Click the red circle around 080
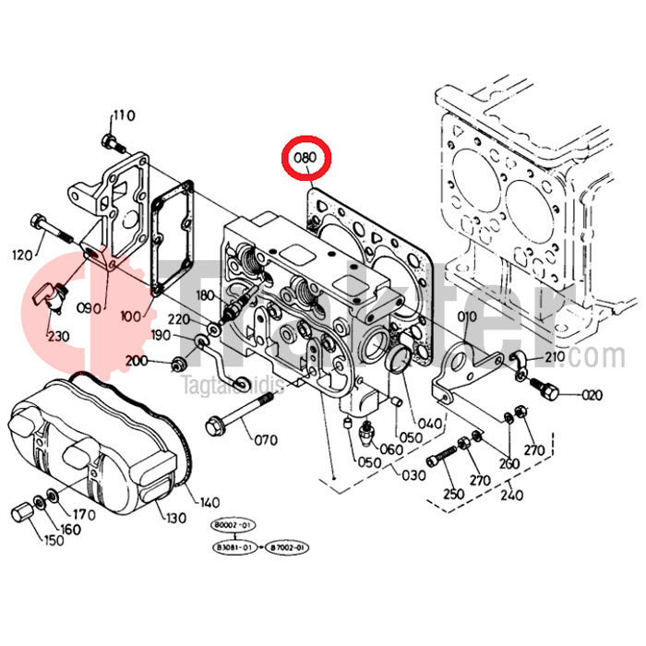[305, 158]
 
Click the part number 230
[59, 335]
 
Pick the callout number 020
[591, 395]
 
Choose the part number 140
[209, 503]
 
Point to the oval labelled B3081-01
[233, 547]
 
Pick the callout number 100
[130, 316]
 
